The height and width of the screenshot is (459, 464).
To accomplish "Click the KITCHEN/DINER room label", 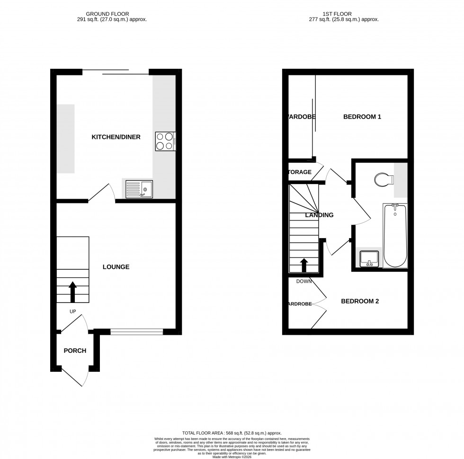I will [116, 137].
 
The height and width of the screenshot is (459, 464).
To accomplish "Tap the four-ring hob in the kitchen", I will [165, 141].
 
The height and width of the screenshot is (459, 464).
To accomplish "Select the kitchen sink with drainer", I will [139, 190].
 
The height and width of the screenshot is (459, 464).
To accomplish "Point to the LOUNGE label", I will [116, 267].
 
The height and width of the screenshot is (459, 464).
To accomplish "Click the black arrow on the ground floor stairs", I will [72, 292].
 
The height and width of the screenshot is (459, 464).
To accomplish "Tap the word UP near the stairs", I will [72, 312].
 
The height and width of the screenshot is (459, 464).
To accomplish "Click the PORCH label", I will [75, 351].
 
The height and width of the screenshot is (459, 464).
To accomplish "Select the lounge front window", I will [136, 332].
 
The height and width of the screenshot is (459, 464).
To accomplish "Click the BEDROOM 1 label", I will [362, 117].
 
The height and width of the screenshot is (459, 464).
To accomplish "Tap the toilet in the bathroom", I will [383, 180].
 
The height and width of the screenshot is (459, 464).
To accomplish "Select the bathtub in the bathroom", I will [395, 236].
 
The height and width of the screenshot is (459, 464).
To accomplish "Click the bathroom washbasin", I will [369, 259].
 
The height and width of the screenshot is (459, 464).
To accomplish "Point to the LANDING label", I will [319, 215].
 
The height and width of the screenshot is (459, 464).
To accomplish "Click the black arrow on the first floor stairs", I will [303, 266].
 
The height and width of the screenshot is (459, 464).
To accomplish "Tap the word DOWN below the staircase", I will [304, 281].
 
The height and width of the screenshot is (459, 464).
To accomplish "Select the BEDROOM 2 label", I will [360, 301].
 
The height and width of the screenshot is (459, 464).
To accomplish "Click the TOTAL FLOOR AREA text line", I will [232, 433].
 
